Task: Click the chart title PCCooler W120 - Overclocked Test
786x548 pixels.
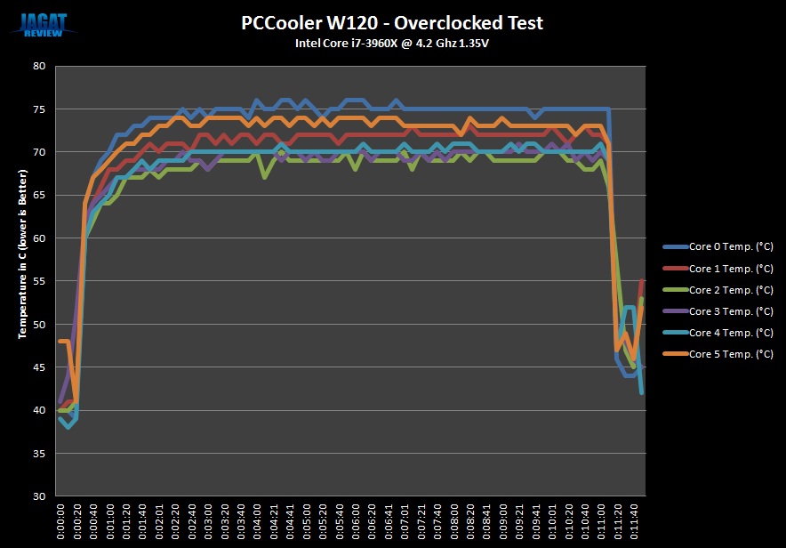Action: click(x=392, y=22)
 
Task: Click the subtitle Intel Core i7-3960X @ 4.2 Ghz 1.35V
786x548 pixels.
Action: click(x=392, y=43)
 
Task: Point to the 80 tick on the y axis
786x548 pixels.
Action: click(x=40, y=66)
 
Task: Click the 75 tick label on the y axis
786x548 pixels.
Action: click(x=40, y=109)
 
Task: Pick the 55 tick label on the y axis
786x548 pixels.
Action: click(x=40, y=281)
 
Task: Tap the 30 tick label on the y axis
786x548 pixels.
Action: click(x=40, y=496)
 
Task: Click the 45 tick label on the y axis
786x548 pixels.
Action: click(x=40, y=367)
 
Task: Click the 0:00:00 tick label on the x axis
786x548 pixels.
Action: click(x=60, y=520)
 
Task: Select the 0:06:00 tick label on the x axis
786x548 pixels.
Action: click(x=355, y=520)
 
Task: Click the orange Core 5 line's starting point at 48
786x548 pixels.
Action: click(x=60, y=342)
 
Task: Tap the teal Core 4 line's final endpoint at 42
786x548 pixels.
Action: click(x=642, y=392)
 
